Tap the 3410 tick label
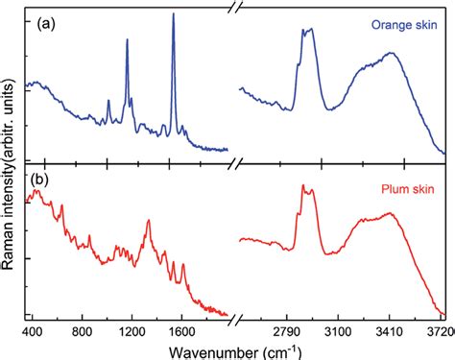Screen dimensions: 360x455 click(x=390, y=330)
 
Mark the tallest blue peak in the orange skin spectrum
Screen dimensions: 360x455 click(x=173, y=13)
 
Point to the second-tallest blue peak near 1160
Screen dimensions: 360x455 click(x=127, y=39)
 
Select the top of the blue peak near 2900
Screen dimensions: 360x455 click(x=309, y=29)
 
